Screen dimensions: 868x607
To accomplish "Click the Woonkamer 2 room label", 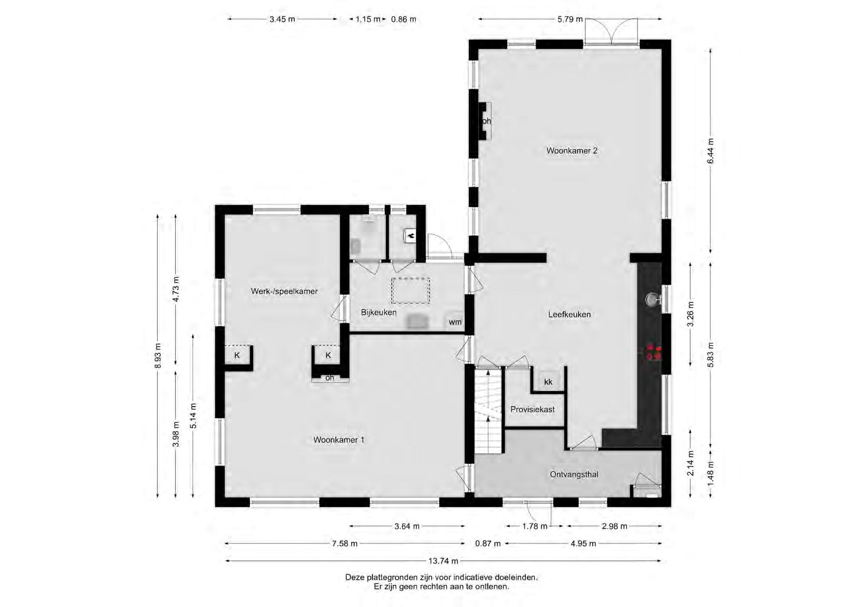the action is tap(572, 151).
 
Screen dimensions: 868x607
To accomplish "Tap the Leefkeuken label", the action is tap(569, 314).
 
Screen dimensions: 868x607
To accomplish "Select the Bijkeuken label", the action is tap(378, 313).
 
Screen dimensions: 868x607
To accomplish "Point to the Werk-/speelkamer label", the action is tap(284, 291).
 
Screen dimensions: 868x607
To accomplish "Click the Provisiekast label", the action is tap(533, 409).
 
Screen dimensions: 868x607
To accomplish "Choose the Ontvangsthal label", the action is tap(574, 474).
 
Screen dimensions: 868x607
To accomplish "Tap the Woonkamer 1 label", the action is tap(339, 440).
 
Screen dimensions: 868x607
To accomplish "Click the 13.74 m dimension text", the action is tap(443, 561).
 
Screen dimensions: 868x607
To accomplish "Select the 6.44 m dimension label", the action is tap(710, 151).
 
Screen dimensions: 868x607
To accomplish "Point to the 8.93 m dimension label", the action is tap(158, 356).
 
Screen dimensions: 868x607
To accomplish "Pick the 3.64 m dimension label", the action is tap(407, 526).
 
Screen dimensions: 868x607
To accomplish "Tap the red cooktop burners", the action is tap(654, 352).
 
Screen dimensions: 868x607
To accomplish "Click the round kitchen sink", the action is tap(651, 300).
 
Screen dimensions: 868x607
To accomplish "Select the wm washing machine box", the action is tap(455, 322).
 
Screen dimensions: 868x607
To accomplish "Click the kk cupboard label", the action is tap(548, 382).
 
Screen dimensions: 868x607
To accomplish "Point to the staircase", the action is tap(488, 411).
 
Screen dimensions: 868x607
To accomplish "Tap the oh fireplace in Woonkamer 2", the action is tap(485, 121).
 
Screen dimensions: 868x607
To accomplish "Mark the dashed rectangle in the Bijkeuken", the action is tap(410, 291).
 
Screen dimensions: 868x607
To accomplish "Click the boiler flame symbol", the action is tap(410, 235).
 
